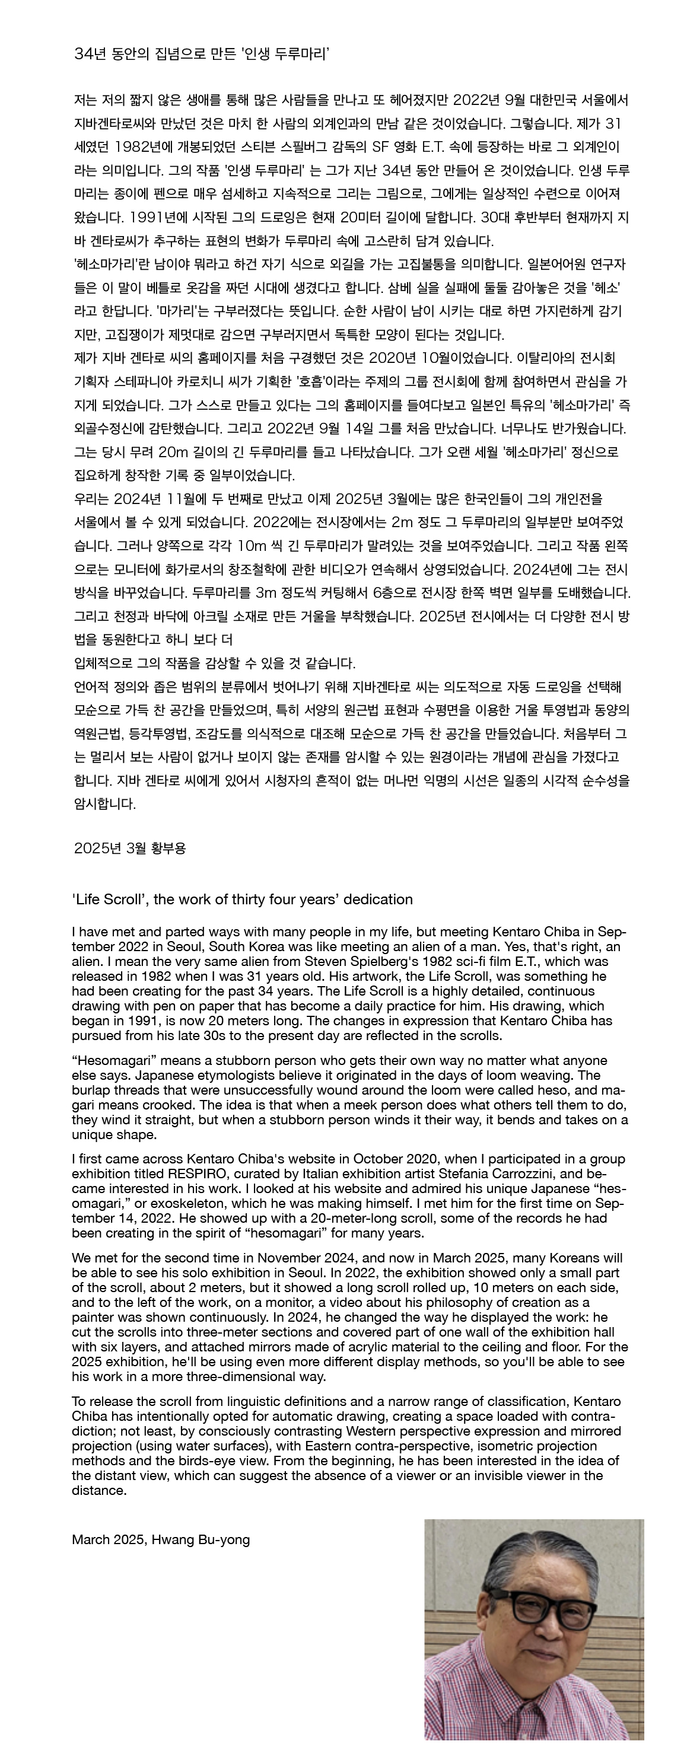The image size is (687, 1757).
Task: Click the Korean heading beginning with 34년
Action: pos(202,54)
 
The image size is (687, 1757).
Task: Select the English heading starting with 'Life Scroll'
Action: pos(242,899)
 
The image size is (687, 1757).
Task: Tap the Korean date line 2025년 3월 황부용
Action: pos(129,848)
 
